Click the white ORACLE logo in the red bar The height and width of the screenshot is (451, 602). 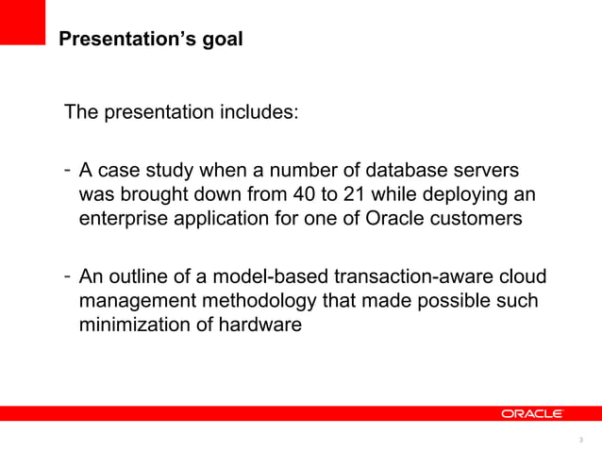pos(532,414)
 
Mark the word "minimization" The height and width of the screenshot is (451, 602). pos(128,326)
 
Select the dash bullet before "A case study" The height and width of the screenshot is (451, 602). pos(68,171)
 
